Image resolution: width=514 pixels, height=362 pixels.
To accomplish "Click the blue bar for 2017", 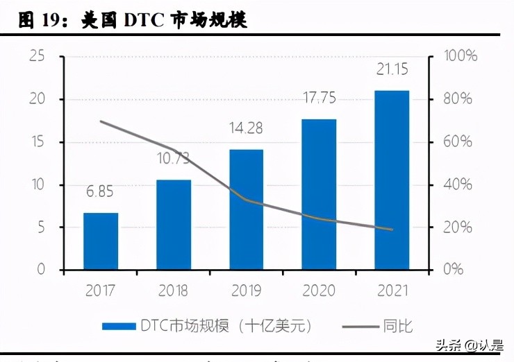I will tap(101, 241).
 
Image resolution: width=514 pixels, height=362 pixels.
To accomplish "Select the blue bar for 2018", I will tap(174, 225).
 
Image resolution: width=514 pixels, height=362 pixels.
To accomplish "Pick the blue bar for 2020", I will tap(320, 194).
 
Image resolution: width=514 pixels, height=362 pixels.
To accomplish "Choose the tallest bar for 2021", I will tap(392, 180).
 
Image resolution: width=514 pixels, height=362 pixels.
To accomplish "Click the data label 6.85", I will tap(101, 191).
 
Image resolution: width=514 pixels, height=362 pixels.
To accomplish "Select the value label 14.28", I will tap(247, 128).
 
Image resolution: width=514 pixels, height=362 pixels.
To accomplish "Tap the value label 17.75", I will tap(320, 98).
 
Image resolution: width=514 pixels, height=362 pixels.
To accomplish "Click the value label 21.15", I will tap(392, 69).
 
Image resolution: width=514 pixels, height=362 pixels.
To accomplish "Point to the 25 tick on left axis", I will tap(37, 56).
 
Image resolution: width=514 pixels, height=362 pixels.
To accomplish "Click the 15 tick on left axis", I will tap(37, 142).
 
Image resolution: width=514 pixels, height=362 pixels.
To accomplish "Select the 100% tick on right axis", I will tap(461, 56).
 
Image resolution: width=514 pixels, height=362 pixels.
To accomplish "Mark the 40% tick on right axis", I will tap(457, 184).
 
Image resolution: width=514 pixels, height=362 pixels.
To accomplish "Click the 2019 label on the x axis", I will tap(247, 291).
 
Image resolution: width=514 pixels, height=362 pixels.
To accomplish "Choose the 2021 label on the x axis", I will tap(392, 291).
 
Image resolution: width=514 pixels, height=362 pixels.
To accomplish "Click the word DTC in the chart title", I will tap(142, 20).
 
